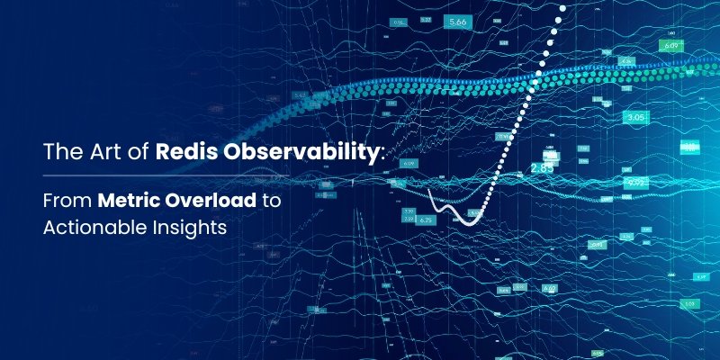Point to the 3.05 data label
point(635,117)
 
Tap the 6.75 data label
point(427,219)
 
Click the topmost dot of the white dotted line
point(564,7)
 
